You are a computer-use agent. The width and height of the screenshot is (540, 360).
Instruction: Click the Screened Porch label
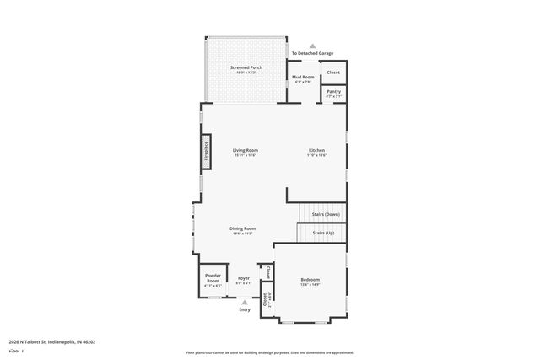246,67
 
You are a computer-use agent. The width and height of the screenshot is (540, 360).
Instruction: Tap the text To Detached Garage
312,54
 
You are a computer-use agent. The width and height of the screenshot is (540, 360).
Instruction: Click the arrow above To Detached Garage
313,46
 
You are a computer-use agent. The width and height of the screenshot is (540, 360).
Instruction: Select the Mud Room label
303,78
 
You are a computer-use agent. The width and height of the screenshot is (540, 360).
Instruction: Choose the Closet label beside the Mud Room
334,73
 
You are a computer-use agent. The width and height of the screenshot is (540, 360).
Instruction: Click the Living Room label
245,150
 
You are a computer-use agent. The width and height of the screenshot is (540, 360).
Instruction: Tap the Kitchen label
316,150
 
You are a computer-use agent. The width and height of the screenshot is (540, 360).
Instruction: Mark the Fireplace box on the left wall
205,150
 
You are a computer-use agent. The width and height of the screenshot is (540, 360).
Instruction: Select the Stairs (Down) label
326,214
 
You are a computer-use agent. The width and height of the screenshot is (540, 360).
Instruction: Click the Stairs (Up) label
323,232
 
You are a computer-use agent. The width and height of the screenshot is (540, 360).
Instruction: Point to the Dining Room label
243,228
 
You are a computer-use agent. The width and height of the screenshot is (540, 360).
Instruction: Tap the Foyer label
244,278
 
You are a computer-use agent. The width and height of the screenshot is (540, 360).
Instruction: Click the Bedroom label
310,279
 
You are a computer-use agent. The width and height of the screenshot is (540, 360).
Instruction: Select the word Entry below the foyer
245,310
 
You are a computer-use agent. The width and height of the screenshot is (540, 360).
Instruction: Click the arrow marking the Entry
245,302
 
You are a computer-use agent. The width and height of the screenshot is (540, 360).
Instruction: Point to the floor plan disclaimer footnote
270,352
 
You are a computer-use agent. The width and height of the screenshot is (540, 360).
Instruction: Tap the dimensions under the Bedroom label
310,285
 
